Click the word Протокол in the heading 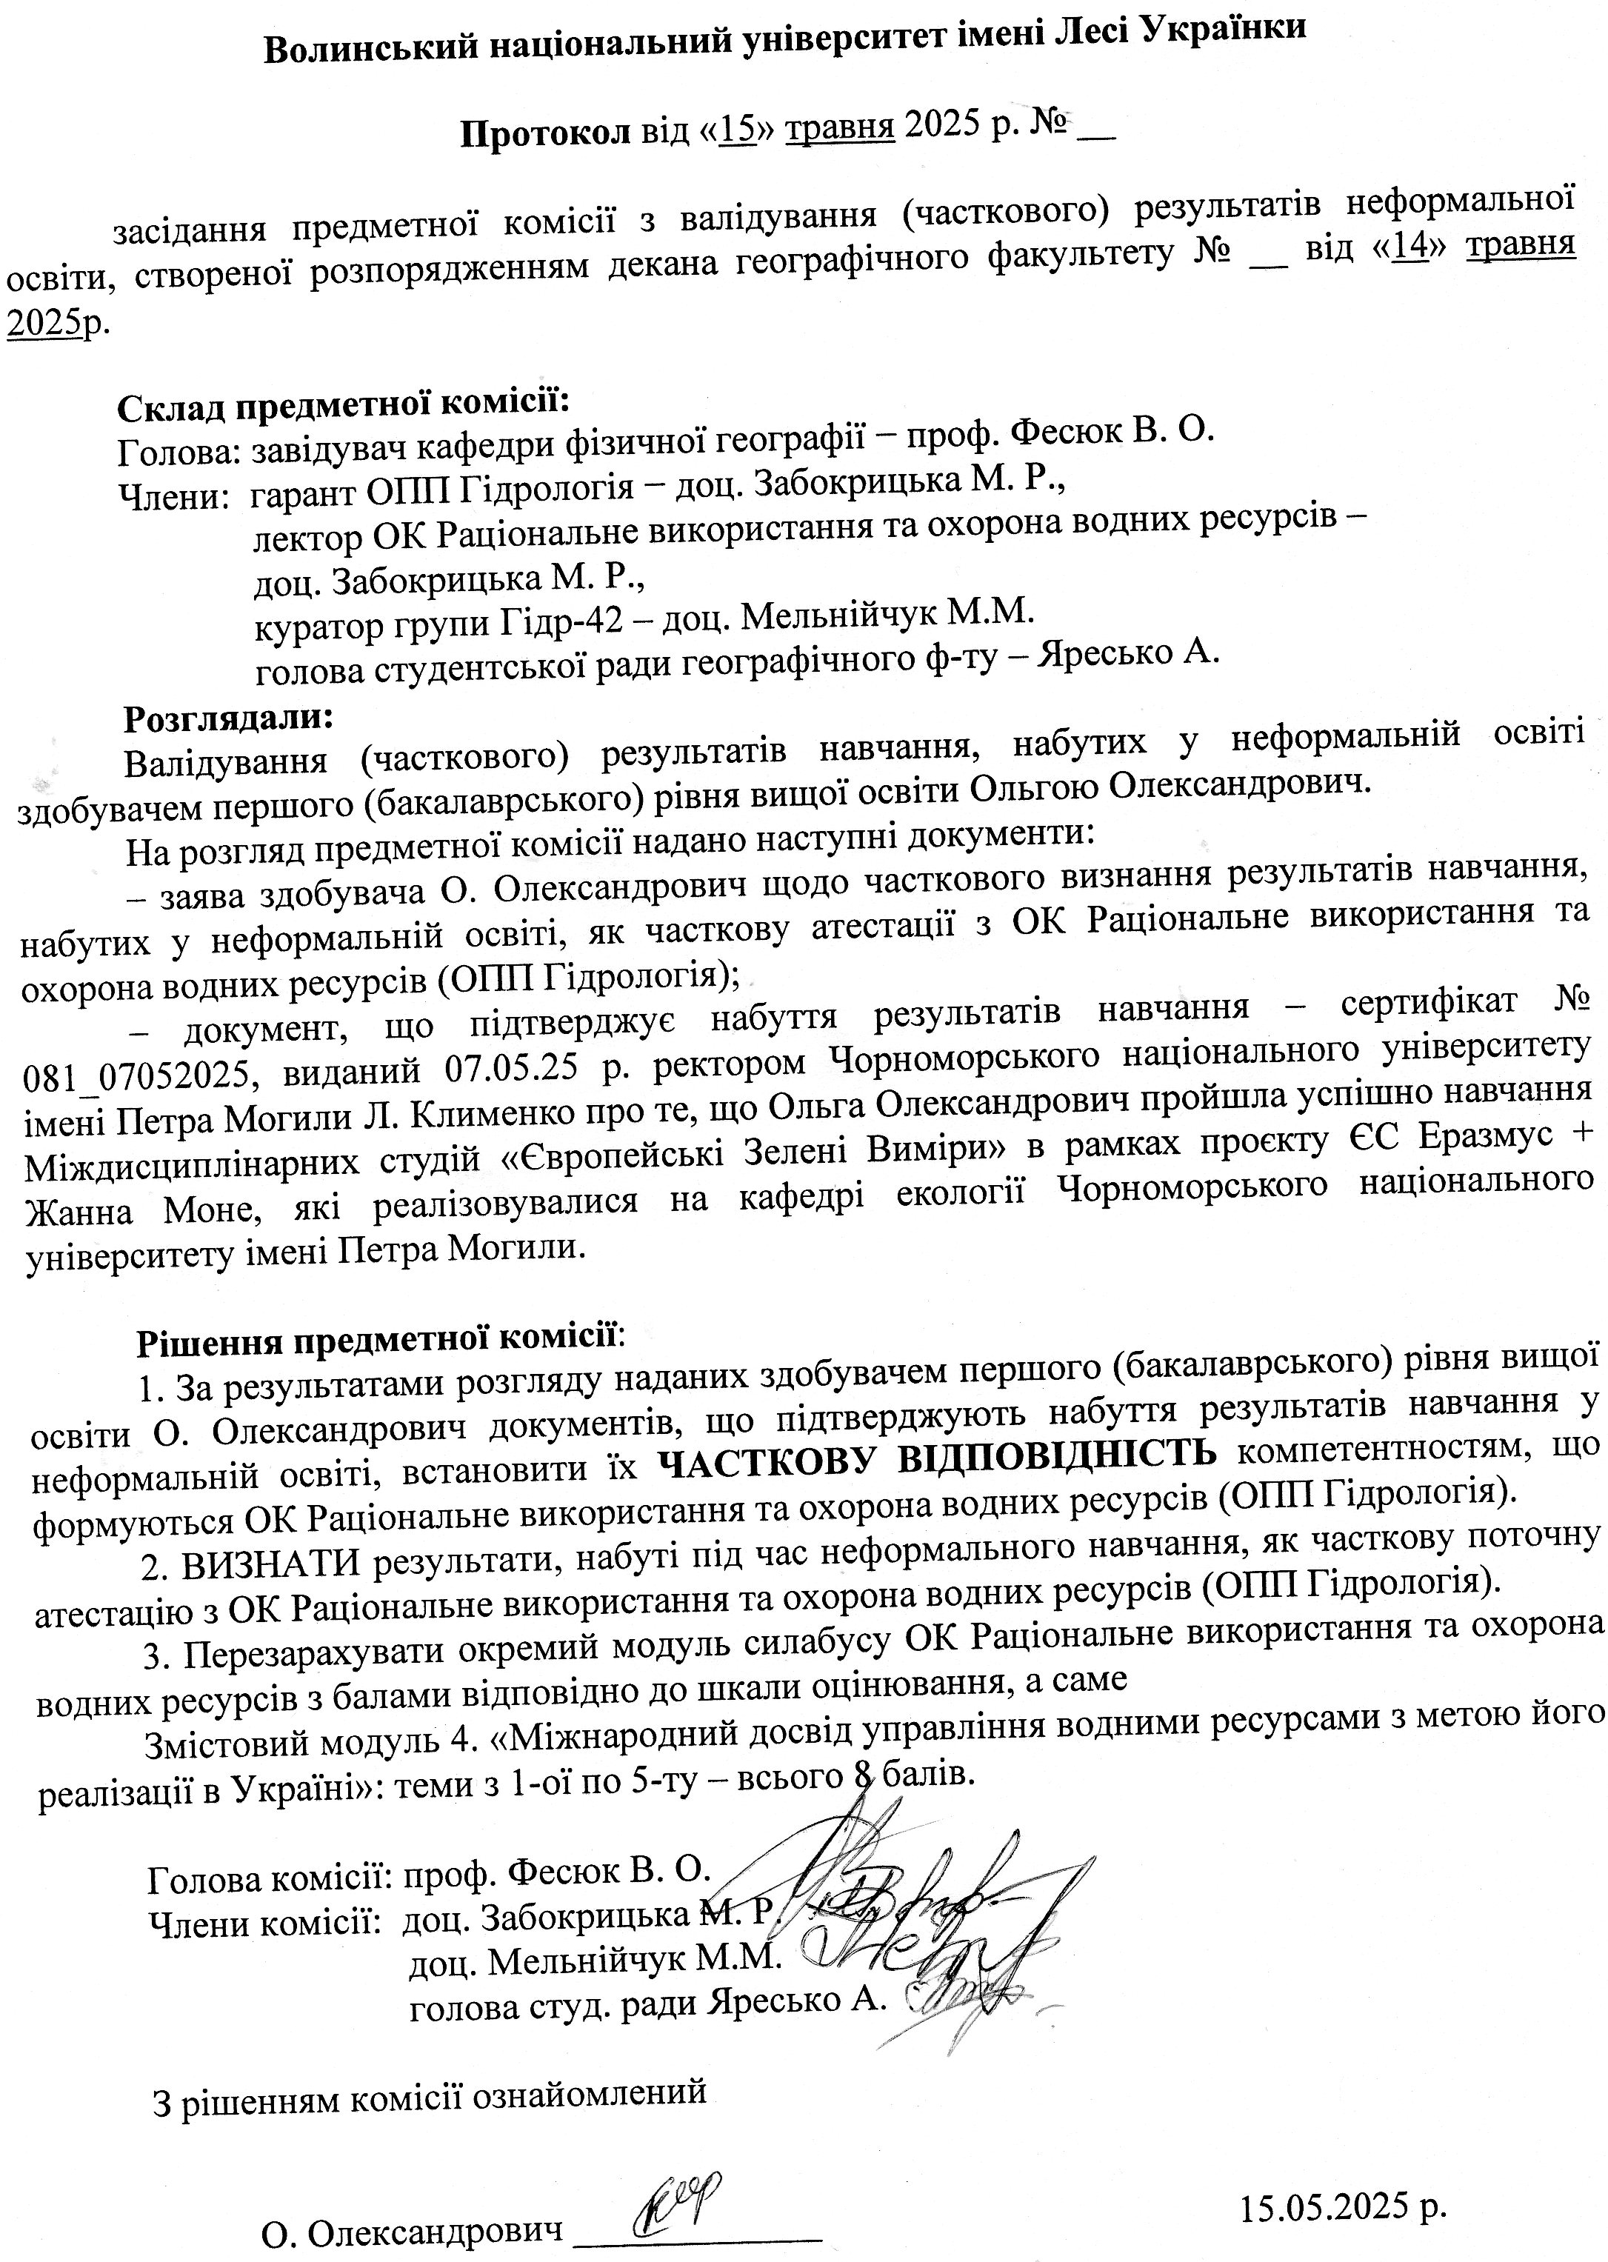544,133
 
